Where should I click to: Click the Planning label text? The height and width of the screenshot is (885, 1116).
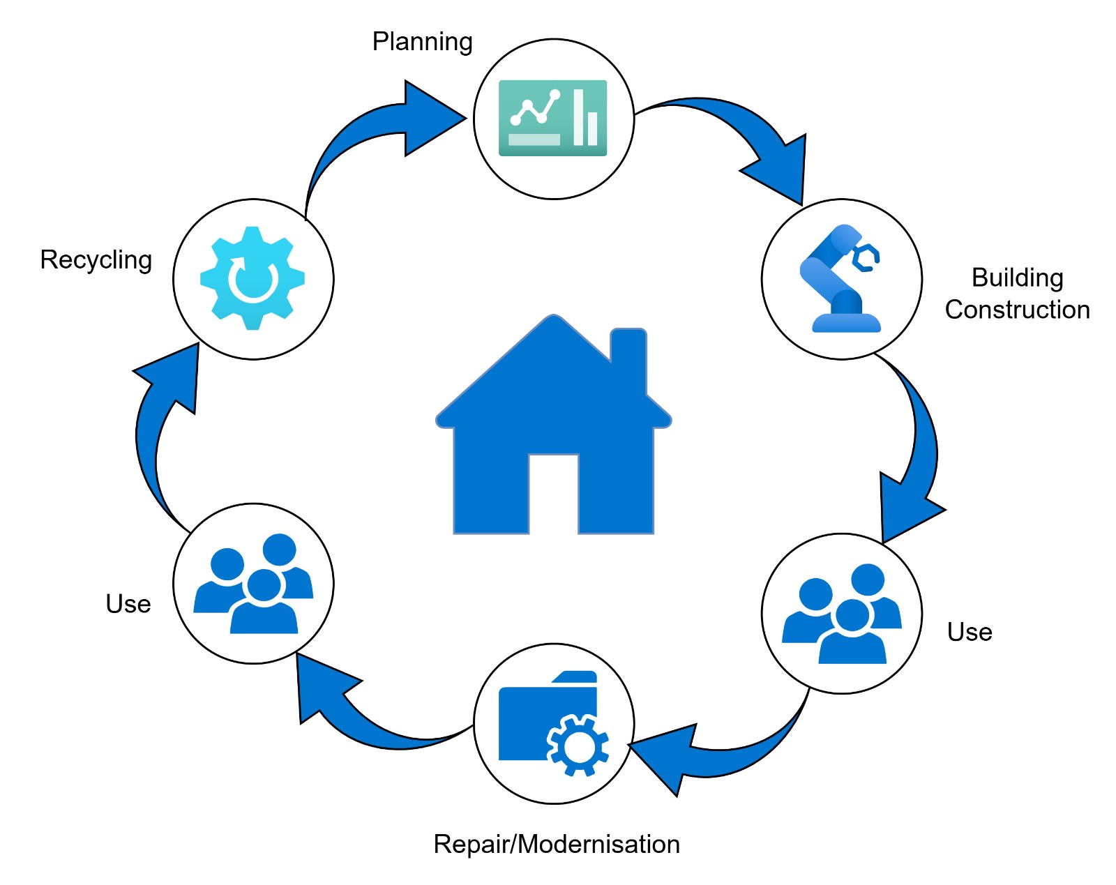pos(422,42)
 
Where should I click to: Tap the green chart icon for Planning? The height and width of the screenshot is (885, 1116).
pos(552,118)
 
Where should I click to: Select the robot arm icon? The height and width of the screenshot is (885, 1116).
pos(841,279)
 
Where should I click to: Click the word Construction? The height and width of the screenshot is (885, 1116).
pos(1017,310)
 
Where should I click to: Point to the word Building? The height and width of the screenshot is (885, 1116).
pos(1017,278)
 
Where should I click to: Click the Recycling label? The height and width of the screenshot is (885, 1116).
pos(96,259)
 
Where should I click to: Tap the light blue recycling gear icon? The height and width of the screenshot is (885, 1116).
pos(252,278)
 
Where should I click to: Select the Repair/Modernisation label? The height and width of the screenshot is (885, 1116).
pos(556,844)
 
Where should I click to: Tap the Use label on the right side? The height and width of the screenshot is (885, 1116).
pos(969,632)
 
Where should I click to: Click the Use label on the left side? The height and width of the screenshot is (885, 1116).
pos(128,604)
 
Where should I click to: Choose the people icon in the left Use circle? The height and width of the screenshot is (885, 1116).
pos(252,584)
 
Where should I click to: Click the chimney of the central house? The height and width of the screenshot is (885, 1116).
pos(628,356)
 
